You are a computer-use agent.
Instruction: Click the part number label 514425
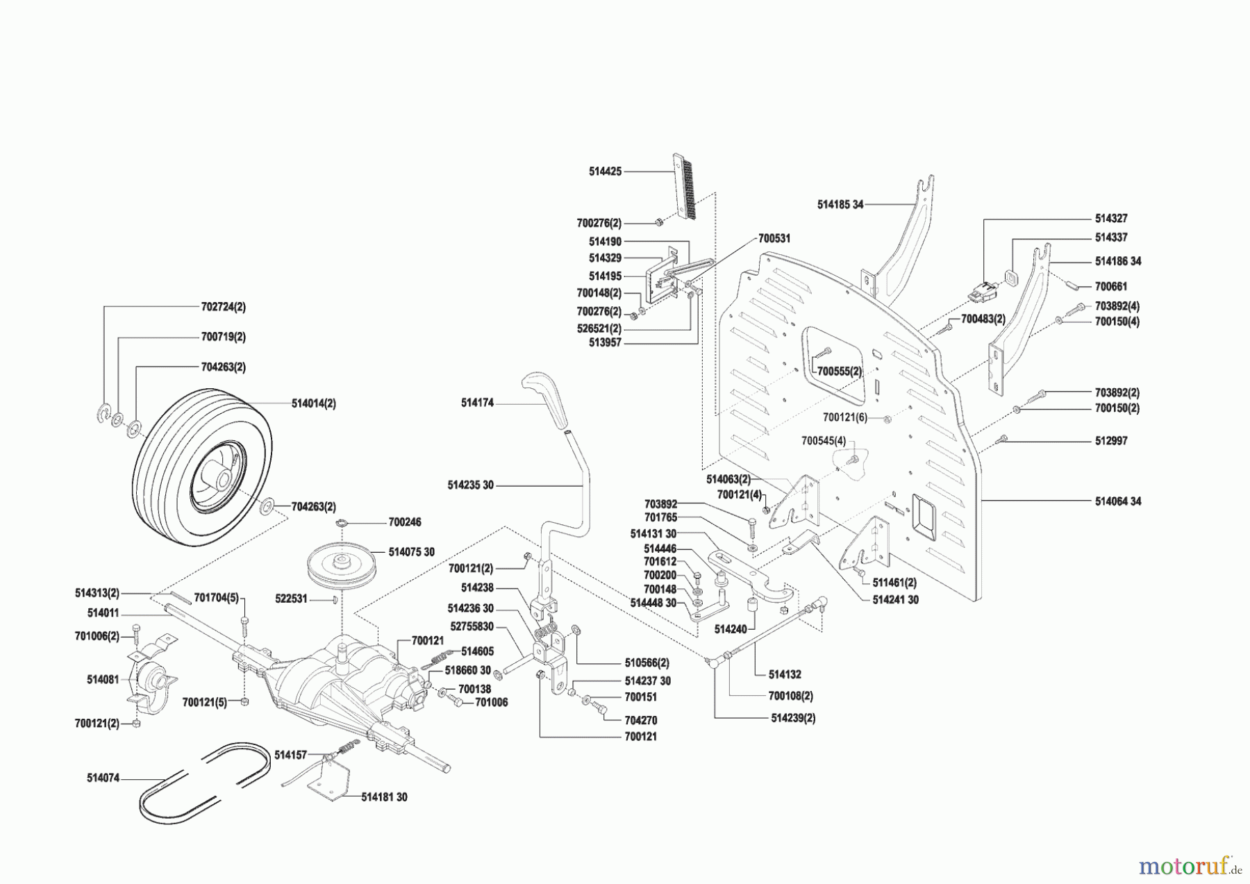click(605, 171)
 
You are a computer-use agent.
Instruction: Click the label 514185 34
click(840, 205)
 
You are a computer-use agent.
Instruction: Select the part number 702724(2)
click(223, 306)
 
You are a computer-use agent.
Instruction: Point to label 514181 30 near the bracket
click(384, 797)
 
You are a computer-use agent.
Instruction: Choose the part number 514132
click(785, 674)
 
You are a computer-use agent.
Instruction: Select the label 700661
click(1110, 286)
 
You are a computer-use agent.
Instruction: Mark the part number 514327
click(1110, 218)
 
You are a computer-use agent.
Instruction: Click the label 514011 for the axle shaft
click(103, 612)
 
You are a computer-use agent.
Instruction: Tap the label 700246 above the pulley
click(404, 522)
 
